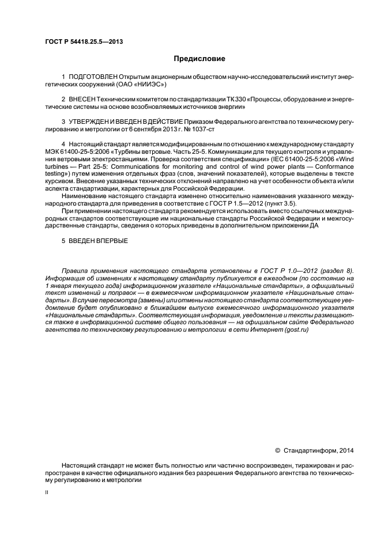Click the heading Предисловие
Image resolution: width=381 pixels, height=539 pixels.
(x=200, y=59)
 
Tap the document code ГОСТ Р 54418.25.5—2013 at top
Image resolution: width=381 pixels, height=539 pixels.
(x=84, y=41)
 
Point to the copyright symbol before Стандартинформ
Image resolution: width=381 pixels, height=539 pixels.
(x=277, y=450)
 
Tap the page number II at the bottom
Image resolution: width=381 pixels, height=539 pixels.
(x=47, y=493)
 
